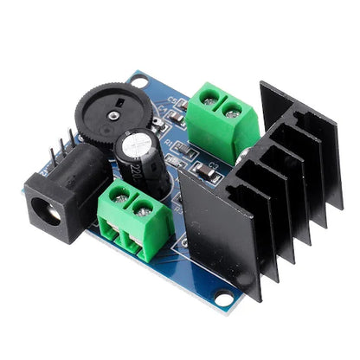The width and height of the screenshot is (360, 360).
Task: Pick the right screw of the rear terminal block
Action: point(232,109)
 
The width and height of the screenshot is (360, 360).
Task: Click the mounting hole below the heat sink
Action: point(226,299)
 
